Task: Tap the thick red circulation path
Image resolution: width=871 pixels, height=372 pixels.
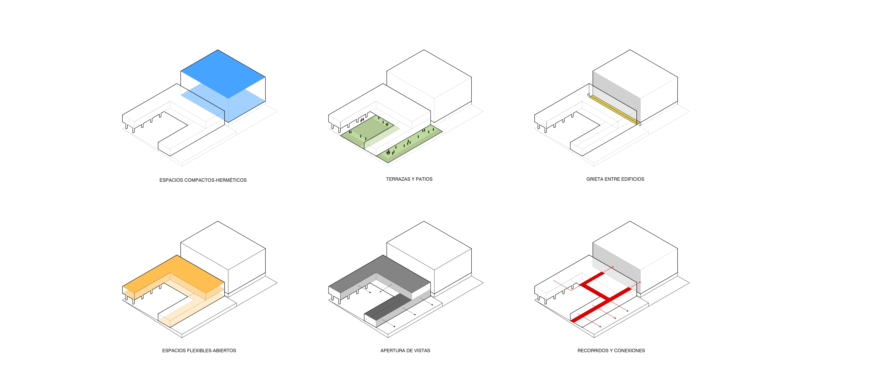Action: (x=601, y=297)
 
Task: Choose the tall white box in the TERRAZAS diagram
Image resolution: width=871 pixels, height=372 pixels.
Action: (x=429, y=86)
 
